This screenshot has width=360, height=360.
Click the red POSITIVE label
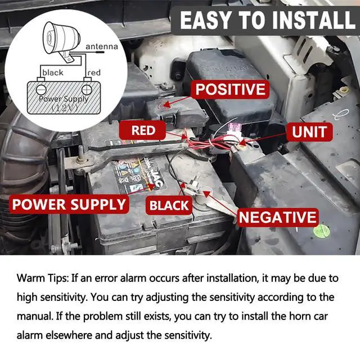tap(229, 89)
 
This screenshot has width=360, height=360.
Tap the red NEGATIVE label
tap(277, 217)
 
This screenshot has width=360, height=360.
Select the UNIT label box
tap(309, 132)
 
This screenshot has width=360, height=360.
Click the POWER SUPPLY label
tap(69, 204)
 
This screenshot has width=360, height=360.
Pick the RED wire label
tap(143, 131)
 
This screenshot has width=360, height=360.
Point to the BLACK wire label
tap(169, 205)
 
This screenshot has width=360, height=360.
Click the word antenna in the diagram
tap(102, 47)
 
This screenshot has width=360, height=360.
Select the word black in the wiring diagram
tap(53, 73)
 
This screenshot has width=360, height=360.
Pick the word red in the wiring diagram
tap(94, 73)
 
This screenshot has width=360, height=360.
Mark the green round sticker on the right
tap(321, 230)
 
